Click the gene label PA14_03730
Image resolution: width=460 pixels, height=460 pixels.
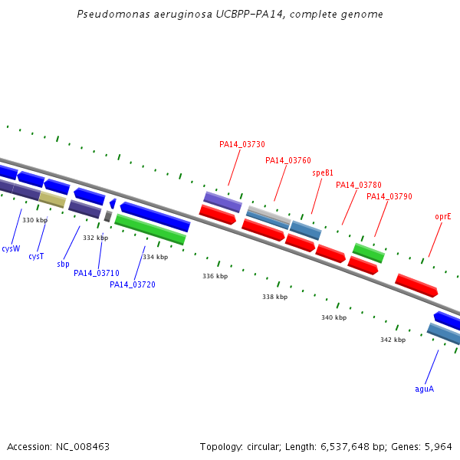242,144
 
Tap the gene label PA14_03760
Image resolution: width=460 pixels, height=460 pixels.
288,160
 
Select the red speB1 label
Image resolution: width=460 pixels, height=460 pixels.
323,172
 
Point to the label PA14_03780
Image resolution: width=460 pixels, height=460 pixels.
359,185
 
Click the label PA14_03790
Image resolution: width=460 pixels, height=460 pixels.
389,196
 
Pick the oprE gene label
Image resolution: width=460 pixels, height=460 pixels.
443,217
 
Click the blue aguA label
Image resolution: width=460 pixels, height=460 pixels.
424,389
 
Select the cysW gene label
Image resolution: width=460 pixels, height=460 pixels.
11,248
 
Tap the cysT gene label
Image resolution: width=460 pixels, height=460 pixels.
36,256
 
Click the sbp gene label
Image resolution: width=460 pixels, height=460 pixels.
63,264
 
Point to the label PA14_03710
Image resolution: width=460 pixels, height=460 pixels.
97,273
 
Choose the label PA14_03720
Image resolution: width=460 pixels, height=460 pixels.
133,284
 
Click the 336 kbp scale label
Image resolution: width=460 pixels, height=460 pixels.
215,276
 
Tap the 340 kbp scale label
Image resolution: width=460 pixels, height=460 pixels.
333,317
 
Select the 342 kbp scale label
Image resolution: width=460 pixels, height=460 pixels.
393,340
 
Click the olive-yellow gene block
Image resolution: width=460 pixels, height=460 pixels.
52,199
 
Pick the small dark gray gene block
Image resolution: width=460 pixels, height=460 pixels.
108,216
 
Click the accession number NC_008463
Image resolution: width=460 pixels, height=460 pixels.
83,447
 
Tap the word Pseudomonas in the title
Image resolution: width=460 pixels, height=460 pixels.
113,14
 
